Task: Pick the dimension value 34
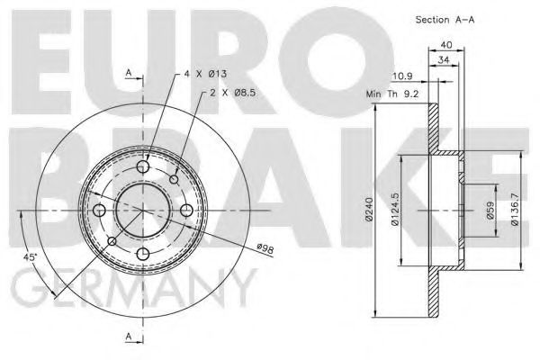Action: [x=443, y=61]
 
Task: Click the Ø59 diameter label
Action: [x=489, y=211]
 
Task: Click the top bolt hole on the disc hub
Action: [x=143, y=166]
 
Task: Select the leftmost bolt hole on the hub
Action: [x=100, y=210]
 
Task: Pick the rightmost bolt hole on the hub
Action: [x=186, y=210]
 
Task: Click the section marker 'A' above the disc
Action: [x=130, y=72]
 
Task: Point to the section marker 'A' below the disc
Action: [x=130, y=337]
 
